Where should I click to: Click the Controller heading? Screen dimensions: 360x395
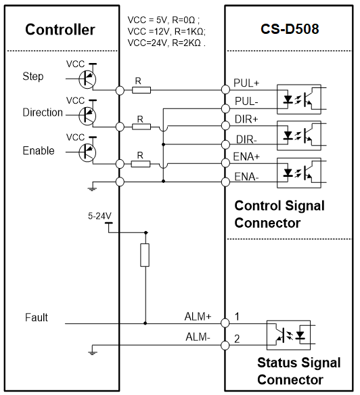(x=60, y=30)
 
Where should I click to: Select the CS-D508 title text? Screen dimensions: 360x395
(x=290, y=29)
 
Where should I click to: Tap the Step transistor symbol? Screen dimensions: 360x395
(x=87, y=79)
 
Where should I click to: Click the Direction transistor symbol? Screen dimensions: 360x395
(x=87, y=116)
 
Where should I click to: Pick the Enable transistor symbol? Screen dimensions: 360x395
(x=87, y=152)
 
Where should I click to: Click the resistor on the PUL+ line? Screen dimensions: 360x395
(x=141, y=90)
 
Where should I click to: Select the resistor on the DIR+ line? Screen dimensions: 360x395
(x=141, y=127)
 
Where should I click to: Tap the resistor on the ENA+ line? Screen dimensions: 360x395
(x=141, y=164)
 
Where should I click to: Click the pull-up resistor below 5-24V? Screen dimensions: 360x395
(x=145, y=255)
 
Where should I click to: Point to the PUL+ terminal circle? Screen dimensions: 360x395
(x=225, y=89)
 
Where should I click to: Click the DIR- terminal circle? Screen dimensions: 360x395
(x=225, y=144)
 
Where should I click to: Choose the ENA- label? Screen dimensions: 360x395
(x=246, y=177)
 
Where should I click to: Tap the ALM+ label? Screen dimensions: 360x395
(x=198, y=316)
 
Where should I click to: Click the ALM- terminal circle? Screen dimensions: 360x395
(x=225, y=346)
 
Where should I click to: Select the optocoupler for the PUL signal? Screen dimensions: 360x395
(x=299, y=99)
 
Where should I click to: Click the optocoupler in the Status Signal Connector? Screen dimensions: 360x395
(x=288, y=335)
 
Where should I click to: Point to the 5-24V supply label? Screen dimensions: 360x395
(x=99, y=216)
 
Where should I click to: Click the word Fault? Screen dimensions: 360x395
(x=37, y=317)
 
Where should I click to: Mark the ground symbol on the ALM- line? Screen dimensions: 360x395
(x=93, y=351)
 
